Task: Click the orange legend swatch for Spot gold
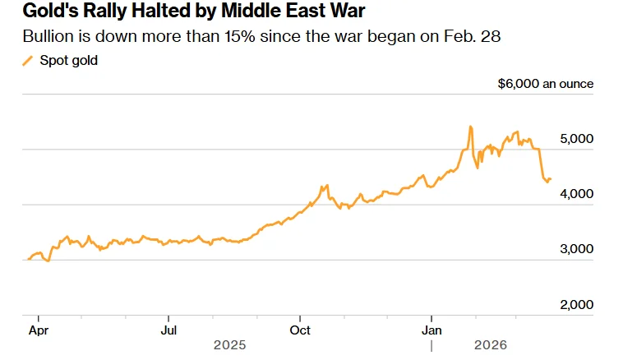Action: pyautogui.click(x=28, y=61)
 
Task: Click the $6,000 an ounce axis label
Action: pyautogui.click(x=546, y=84)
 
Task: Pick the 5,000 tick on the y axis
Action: pyautogui.click(x=575, y=139)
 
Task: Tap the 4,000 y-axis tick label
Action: pyautogui.click(x=575, y=194)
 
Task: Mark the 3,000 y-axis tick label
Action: pyautogui.click(x=575, y=249)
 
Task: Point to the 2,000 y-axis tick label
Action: pyautogui.click(x=575, y=304)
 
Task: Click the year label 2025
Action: pyautogui.click(x=229, y=346)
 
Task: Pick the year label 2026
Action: pyautogui.click(x=491, y=346)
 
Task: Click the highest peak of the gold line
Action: pyautogui.click(x=470, y=127)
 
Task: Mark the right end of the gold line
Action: pyautogui.click(x=550, y=178)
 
